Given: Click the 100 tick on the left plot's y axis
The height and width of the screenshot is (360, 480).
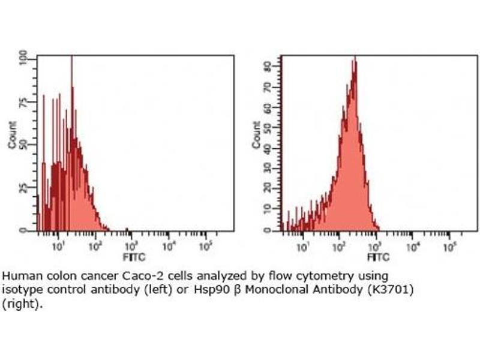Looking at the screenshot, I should coord(23,58).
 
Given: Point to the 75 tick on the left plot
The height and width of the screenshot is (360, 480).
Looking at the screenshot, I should coord(23,101).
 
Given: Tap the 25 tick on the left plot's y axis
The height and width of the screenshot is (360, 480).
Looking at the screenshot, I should coord(23,187).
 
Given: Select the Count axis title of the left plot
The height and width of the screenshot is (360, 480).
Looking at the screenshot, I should coord(12,136).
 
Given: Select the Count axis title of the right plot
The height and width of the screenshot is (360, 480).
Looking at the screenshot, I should coord(256,136).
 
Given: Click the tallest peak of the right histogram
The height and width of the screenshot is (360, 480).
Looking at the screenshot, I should coord(355,58).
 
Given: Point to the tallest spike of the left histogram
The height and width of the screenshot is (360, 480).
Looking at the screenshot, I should coord(71,58).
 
